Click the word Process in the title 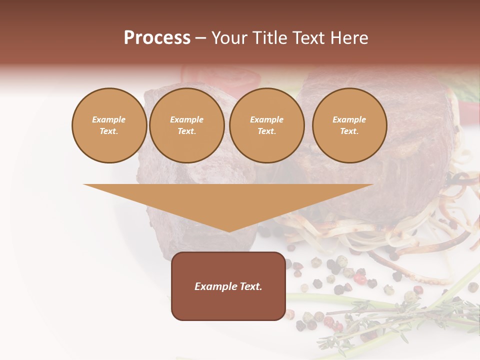[x=157, y=38]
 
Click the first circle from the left [x=109, y=125]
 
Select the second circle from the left [x=187, y=125]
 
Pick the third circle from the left [x=267, y=125]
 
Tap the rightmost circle [x=349, y=125]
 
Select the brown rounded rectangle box [x=228, y=286]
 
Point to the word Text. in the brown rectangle [x=251, y=286]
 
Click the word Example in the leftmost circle [x=109, y=120]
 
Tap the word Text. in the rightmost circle [x=349, y=131]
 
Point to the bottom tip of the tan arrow [x=228, y=231]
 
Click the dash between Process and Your [x=200, y=38]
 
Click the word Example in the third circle [x=267, y=120]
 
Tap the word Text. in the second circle [x=187, y=131]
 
